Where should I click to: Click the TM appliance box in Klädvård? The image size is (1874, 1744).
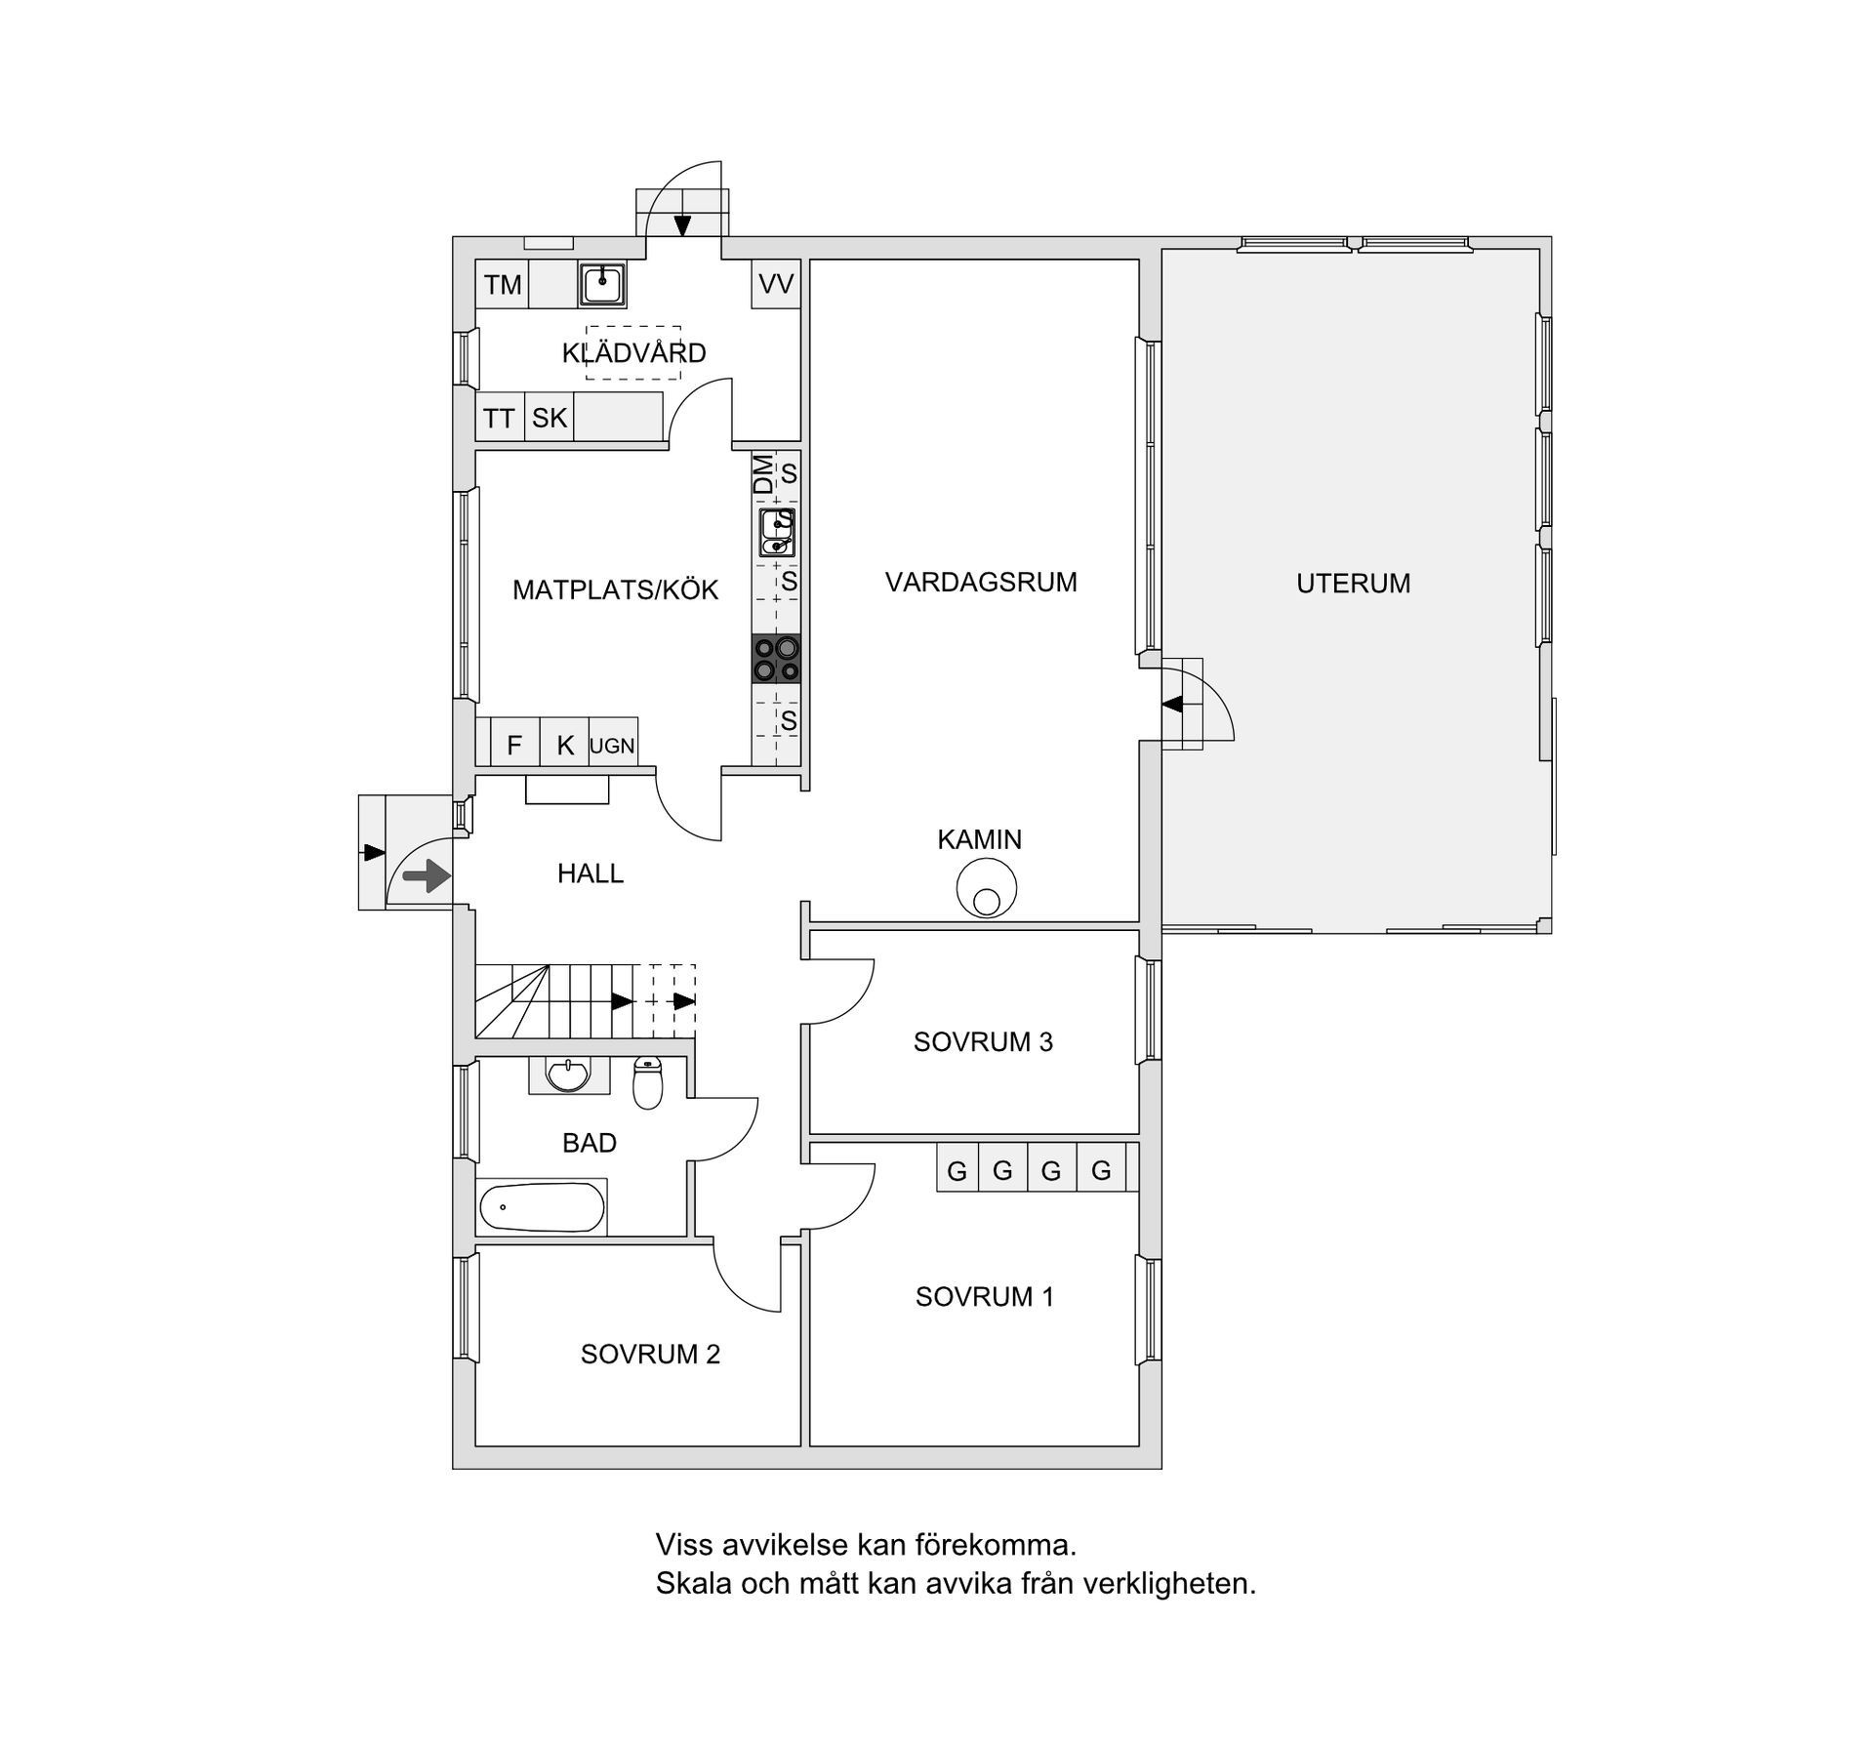[x=502, y=285]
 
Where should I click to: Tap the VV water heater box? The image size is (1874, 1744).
[x=776, y=284]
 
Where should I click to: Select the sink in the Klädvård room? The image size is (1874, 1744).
[x=602, y=285]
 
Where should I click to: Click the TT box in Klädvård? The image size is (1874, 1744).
[x=499, y=418]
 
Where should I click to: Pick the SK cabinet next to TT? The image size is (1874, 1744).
[x=549, y=418]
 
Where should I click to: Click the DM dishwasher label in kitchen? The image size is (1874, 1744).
[x=763, y=474]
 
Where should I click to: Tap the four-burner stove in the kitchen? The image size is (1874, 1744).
[x=776, y=659]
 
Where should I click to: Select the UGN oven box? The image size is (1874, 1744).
[x=612, y=747]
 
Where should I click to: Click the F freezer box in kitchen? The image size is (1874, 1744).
[x=514, y=747]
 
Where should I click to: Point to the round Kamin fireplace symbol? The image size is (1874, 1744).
[x=986, y=889]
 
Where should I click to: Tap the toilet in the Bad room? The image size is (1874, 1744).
[x=647, y=1082]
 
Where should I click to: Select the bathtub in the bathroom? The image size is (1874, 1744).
[x=542, y=1208]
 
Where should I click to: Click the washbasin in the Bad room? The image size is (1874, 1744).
[x=568, y=1075]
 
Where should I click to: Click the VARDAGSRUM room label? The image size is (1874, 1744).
[x=981, y=583]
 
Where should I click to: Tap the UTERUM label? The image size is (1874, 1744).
[x=1353, y=584]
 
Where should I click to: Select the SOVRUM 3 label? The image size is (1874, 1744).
[x=983, y=1042]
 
